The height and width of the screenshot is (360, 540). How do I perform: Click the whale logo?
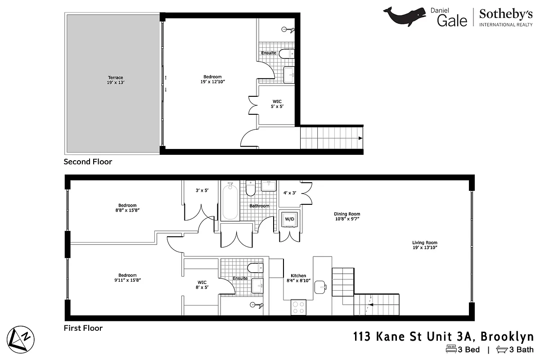[x=404, y=16]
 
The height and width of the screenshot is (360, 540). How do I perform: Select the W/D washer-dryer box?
[x=289, y=220]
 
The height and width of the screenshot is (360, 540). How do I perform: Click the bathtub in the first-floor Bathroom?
[x=230, y=201]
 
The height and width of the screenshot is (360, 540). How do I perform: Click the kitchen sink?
[x=321, y=286]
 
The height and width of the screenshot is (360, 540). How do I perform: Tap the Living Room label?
[x=425, y=245]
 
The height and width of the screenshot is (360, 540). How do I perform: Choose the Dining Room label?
[x=346, y=216]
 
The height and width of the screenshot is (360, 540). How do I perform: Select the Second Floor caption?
[x=88, y=162]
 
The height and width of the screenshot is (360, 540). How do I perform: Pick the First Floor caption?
[x=83, y=328]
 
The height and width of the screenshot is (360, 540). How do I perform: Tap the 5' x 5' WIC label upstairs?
[x=277, y=104]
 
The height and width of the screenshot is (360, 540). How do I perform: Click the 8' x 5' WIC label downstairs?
[x=202, y=285]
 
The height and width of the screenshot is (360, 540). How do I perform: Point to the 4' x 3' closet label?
[x=289, y=193]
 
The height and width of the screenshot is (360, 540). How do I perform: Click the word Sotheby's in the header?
[x=506, y=14]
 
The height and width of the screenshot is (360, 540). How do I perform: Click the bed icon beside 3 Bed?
[x=451, y=349]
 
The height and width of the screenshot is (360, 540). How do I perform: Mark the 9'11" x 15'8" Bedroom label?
[x=127, y=278]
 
